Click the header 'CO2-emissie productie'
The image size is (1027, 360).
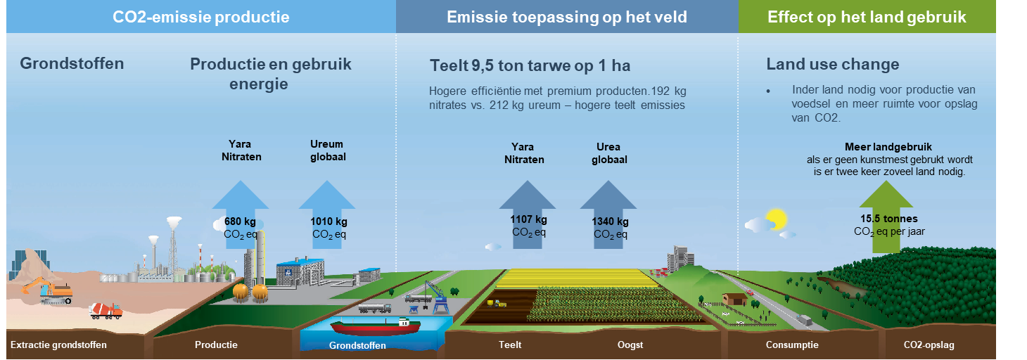coord(200,17)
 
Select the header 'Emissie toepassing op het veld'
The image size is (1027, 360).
coord(567,17)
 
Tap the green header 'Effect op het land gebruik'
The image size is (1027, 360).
coord(867,17)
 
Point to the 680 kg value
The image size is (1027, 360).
coord(240,221)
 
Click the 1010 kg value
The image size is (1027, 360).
coord(328,221)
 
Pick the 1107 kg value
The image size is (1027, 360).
coord(528,219)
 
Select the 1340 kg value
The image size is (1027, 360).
coord(610,221)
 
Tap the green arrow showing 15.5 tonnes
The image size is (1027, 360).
coord(886,217)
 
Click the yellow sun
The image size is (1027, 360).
coord(776,219)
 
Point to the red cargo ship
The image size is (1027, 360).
coord(376,326)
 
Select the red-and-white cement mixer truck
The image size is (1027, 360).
coord(106,311)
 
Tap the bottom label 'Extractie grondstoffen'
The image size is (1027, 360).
coord(58,345)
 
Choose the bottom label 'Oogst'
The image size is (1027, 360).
coord(630,345)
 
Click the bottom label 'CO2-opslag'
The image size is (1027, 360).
coord(929,345)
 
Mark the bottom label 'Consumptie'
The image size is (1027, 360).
coord(792,345)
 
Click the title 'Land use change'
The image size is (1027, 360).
coord(833,64)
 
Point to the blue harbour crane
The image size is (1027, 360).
coord(438,297)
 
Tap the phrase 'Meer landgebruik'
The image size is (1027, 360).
coord(888,147)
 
